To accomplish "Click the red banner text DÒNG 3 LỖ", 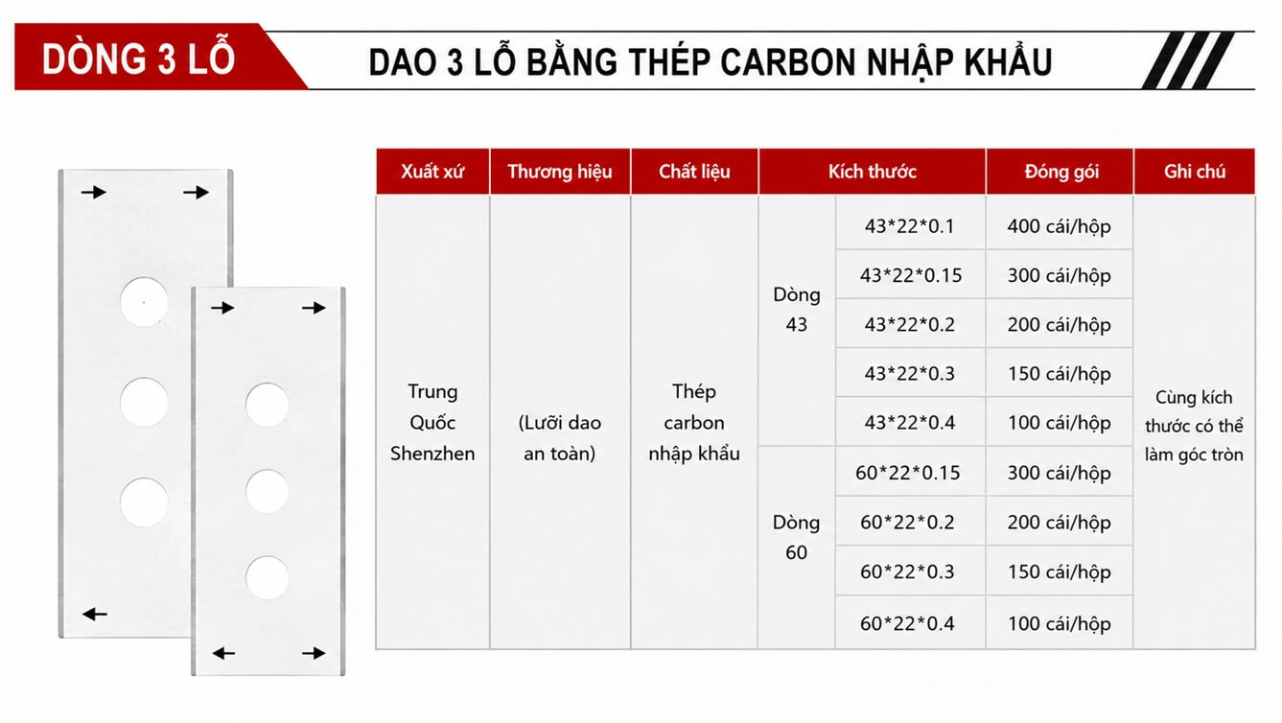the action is (x=138, y=58).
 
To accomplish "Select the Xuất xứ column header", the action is (x=432, y=172).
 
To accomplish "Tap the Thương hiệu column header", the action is (x=560, y=172).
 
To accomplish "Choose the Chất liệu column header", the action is (x=694, y=172).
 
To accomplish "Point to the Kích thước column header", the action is (x=873, y=172).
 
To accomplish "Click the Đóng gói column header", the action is (x=1061, y=172).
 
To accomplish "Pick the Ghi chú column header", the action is (x=1195, y=172).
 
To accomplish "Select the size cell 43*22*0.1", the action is (x=909, y=226).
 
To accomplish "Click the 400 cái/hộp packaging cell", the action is (x=1060, y=226).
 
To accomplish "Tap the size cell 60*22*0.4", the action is (x=908, y=623).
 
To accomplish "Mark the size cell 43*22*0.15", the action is (x=911, y=275).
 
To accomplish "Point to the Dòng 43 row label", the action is (x=797, y=310).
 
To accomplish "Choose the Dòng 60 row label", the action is (x=796, y=538).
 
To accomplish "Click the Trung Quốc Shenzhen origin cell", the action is (x=432, y=423).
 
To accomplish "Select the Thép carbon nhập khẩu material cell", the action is (x=694, y=423).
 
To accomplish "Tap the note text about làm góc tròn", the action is (x=1194, y=426).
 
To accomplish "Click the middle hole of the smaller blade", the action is (x=268, y=491).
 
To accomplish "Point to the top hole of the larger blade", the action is (x=144, y=302).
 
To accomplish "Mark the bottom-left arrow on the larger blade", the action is (x=94, y=615).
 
